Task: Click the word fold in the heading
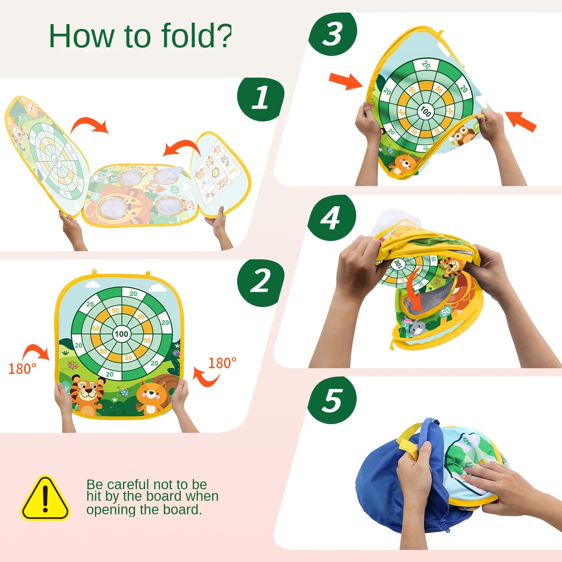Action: pos(188,35)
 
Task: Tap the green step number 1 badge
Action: pos(261,98)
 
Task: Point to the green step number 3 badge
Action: pos(333,34)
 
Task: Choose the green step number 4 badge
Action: pos(332,217)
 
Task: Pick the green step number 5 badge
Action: pos(332,400)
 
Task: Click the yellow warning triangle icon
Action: pos(45,498)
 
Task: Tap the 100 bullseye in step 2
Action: pos(121,334)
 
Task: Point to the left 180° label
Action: pos(22,369)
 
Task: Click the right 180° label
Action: pos(222,363)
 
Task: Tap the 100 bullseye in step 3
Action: pos(426,112)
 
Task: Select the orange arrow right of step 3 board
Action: pos(521,121)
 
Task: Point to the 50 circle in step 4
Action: pos(446,311)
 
